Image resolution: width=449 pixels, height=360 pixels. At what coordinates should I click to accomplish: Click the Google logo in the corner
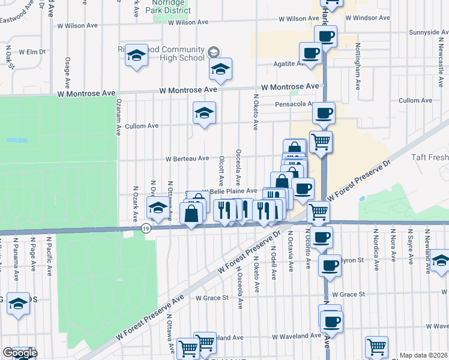tap(20, 353)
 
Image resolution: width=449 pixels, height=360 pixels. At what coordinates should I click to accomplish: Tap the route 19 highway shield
tap(146, 229)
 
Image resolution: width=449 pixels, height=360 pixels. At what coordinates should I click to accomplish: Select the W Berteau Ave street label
tap(187, 159)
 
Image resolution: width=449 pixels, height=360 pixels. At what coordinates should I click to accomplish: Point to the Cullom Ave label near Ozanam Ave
tap(142, 127)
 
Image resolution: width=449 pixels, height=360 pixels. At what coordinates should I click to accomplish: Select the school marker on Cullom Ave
tap(204, 113)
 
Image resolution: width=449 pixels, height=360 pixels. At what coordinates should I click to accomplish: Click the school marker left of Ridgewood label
tap(137, 56)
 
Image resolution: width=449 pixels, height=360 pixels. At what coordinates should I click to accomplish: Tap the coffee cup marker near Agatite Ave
tap(310, 55)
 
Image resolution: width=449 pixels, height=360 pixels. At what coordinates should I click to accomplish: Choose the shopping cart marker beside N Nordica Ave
tap(377, 346)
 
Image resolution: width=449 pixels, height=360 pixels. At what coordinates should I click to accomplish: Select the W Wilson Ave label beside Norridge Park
tap(188, 22)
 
